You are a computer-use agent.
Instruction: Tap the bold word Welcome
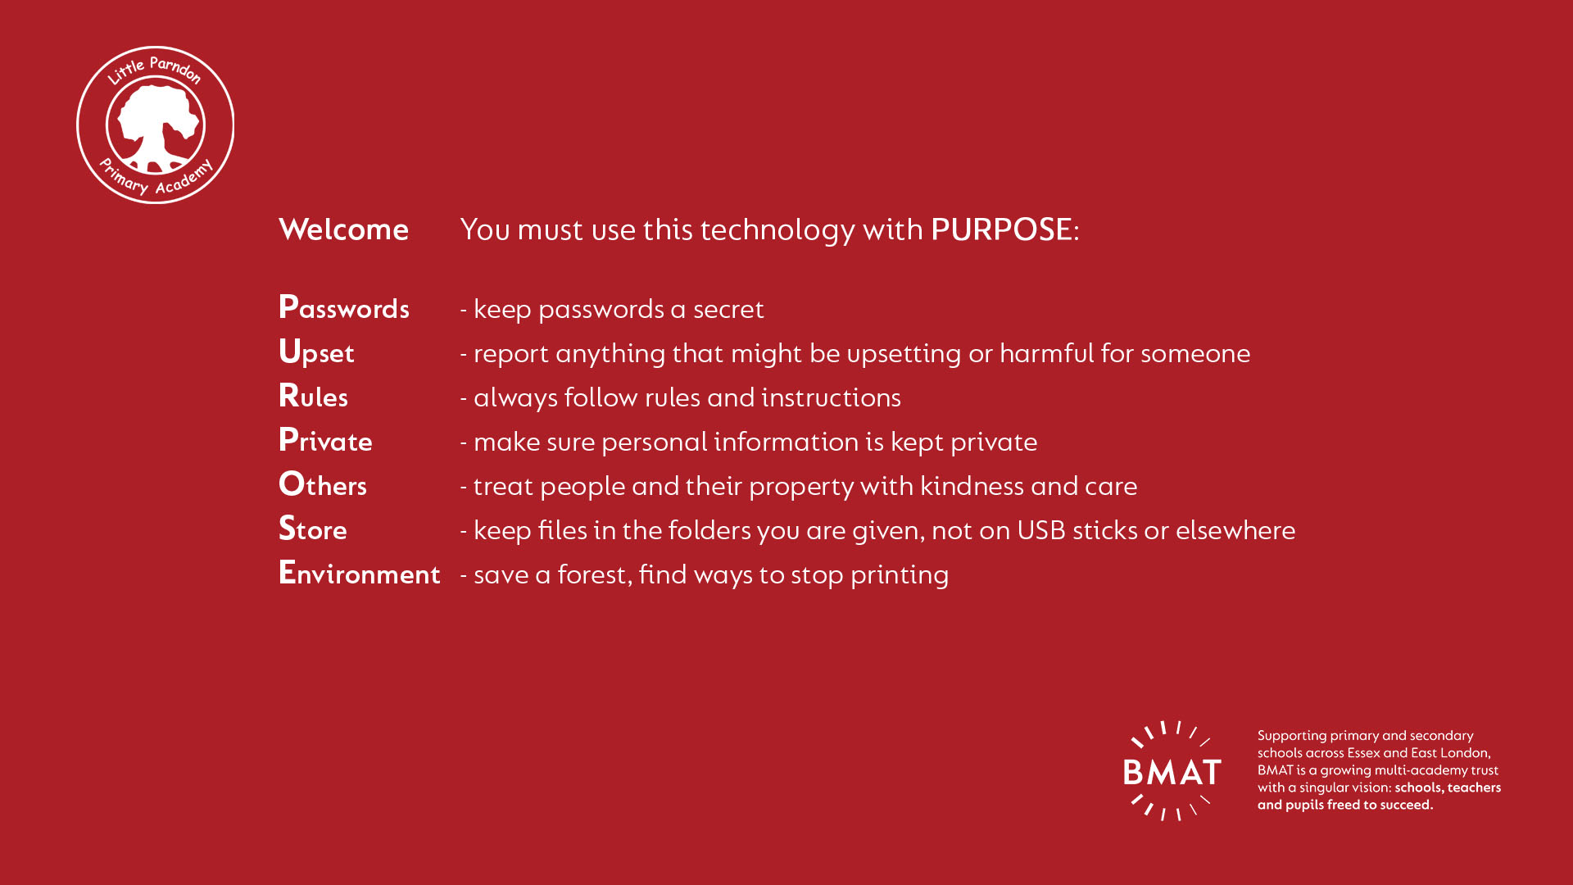[x=343, y=229]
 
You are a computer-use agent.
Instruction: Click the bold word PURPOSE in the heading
[x=1001, y=229]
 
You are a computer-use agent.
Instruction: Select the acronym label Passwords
[x=344, y=307]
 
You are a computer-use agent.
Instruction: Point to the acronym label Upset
[x=316, y=352]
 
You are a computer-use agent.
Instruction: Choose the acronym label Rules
[x=313, y=396]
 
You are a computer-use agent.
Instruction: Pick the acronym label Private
[x=325, y=440]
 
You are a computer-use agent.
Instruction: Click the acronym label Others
[x=323, y=484]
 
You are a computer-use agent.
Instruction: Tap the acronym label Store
[x=313, y=529]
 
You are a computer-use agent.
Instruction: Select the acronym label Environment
[x=360, y=573]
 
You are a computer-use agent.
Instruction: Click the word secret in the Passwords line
[x=728, y=310]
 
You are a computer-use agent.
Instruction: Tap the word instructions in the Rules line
[x=831, y=397]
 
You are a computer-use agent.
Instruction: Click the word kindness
[x=972, y=486]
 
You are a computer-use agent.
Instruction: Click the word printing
[x=900, y=575]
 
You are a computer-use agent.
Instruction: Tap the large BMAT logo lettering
[x=1172, y=772]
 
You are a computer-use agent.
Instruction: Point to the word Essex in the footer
[x=1363, y=753]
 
